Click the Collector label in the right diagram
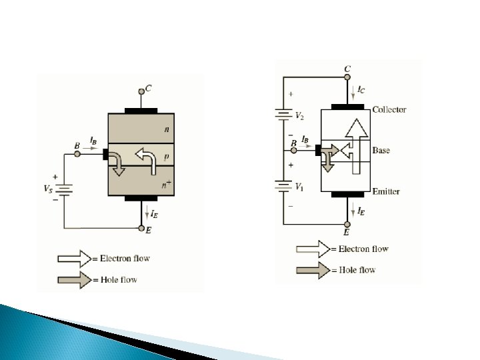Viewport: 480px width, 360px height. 389,109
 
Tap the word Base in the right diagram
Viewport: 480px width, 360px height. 381,151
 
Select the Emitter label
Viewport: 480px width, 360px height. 386,192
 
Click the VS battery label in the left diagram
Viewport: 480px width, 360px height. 49,189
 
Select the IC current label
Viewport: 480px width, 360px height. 361,88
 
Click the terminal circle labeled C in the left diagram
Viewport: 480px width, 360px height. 141,92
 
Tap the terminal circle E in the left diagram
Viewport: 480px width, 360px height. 141,228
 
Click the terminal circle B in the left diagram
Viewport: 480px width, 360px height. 77,154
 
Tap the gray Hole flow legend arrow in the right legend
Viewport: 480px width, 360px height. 313,270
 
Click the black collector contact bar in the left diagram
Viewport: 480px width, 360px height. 141,109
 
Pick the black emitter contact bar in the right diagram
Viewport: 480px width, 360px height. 348,195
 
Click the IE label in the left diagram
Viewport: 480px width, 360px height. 153,214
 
